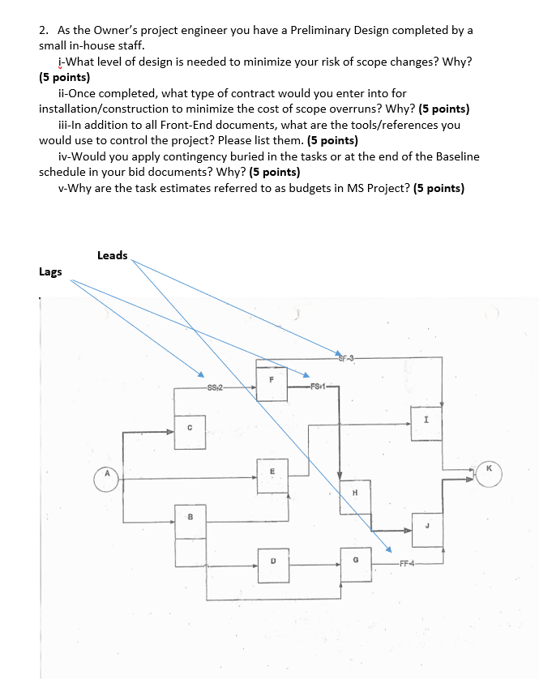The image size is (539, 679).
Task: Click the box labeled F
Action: pos(272,378)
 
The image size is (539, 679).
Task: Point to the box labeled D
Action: pos(273,560)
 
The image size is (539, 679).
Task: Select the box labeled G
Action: pos(355,561)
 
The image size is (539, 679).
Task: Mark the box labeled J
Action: pos(426,527)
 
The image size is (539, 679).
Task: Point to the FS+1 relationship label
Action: pos(319,387)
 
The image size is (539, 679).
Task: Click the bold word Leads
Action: pos(112,255)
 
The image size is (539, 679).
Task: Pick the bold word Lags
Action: pos(50,271)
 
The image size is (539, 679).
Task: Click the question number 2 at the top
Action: pos(43,30)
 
